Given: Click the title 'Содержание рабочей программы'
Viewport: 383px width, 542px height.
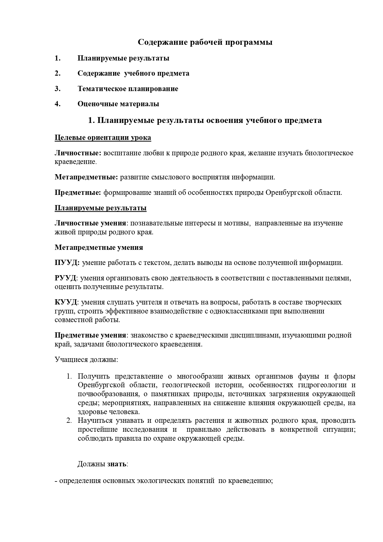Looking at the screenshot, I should [x=205, y=42].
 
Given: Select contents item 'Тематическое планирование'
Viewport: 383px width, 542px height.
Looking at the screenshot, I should [x=128, y=89].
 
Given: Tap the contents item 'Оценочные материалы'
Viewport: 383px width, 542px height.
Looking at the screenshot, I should [x=118, y=104].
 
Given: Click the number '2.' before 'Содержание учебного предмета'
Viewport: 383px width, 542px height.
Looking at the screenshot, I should [x=57, y=74].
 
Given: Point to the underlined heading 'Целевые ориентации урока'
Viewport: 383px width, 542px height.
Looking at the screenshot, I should [x=103, y=138].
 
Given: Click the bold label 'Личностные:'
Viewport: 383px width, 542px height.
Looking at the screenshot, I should [x=78, y=153].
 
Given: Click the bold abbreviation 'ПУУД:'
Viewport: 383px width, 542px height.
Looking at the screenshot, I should [x=67, y=263].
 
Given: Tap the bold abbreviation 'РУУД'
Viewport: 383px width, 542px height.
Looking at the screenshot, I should [x=65, y=278].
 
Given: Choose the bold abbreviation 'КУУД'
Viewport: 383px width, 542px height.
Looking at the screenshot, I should [x=66, y=302].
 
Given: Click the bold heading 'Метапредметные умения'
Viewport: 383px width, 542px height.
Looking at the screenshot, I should [x=99, y=248].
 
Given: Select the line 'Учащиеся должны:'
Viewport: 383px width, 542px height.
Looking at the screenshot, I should [x=86, y=360].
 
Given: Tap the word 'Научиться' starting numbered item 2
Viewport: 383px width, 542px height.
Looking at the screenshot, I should [x=95, y=421].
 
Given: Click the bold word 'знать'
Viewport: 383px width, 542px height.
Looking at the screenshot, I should [x=117, y=464].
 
